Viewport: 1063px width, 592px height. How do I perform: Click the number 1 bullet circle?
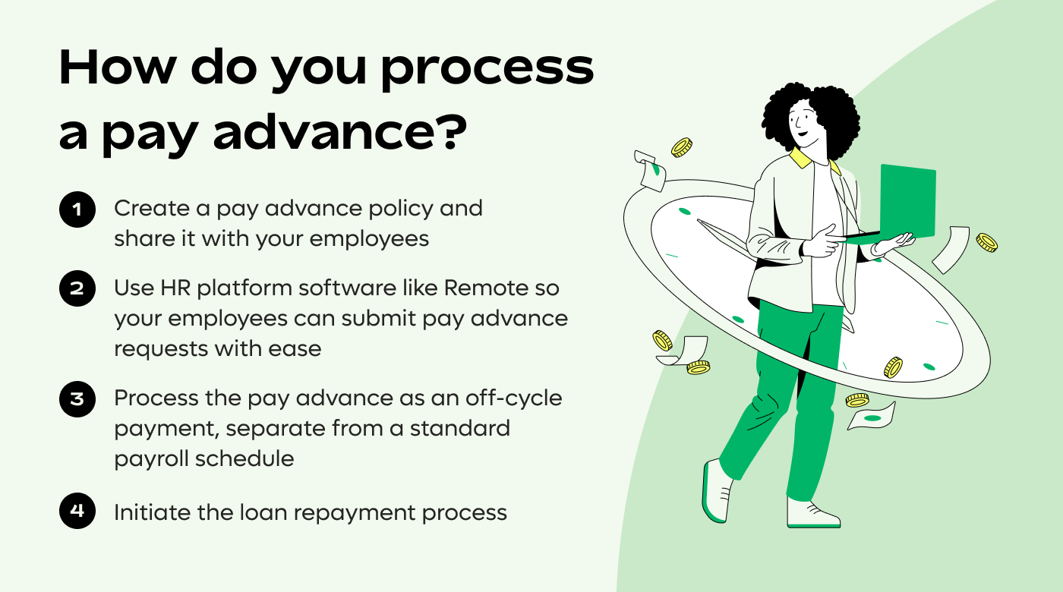pyautogui.click(x=77, y=209)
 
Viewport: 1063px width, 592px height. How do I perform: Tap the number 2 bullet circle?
pyautogui.click(x=77, y=288)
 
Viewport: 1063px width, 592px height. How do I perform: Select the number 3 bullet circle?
pyautogui.click(x=77, y=398)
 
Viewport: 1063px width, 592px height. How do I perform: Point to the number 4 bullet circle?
pyautogui.click(x=77, y=510)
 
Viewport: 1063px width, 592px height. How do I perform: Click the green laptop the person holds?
pyautogui.click(x=907, y=201)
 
